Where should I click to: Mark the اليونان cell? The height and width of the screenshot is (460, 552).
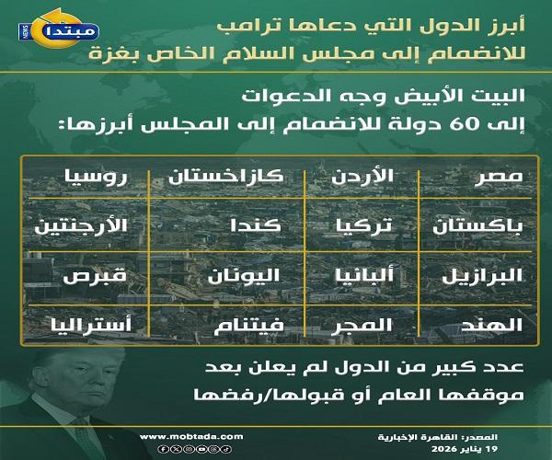coord(237,275)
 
